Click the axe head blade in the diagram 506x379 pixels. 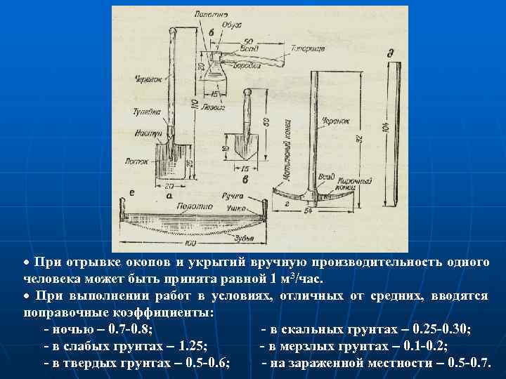point(214,71)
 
